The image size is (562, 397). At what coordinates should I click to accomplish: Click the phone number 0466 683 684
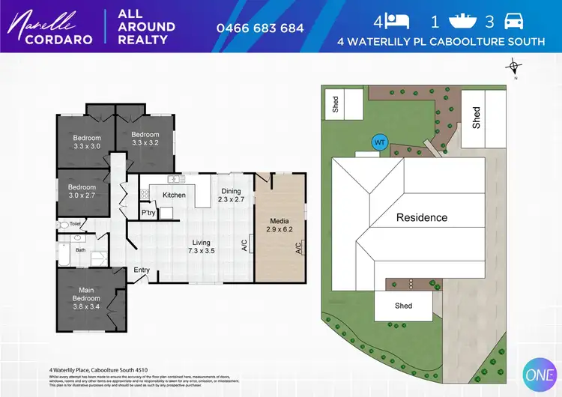tap(260, 28)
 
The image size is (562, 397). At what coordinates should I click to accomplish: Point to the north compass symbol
tap(515, 69)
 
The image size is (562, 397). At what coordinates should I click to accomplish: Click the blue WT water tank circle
tap(379, 142)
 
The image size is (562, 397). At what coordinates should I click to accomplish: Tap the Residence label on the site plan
tap(421, 218)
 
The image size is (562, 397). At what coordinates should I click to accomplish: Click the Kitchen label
tap(174, 196)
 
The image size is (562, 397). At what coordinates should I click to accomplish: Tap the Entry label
tap(142, 270)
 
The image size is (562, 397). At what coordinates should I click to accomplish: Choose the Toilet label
tap(75, 224)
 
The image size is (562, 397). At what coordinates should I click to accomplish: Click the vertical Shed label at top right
tap(476, 117)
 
